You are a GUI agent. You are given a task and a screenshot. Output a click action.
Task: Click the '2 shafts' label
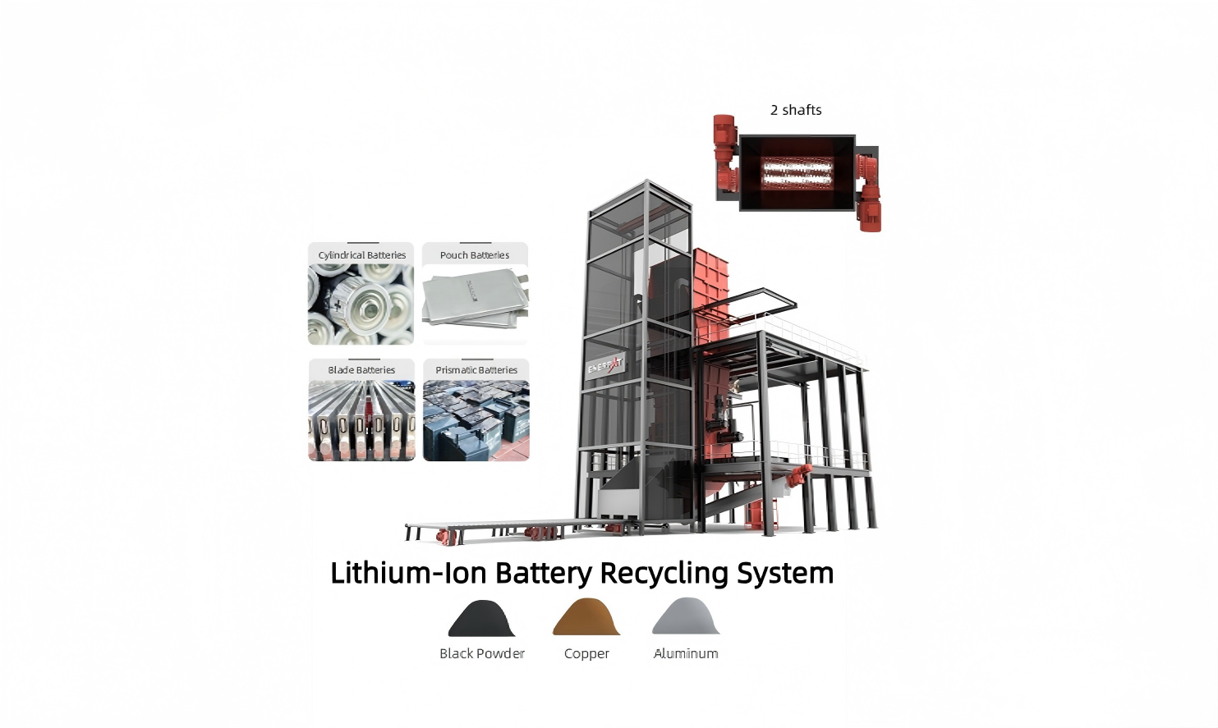pyautogui.click(x=795, y=110)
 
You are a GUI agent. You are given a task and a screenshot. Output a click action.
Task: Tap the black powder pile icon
pyautogui.click(x=481, y=619)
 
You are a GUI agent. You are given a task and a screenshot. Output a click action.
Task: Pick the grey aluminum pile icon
pyautogui.click(x=686, y=617)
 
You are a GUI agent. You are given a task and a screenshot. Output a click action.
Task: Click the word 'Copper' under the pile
pyautogui.click(x=586, y=653)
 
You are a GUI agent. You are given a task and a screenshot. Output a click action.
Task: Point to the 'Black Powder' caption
pyautogui.click(x=481, y=653)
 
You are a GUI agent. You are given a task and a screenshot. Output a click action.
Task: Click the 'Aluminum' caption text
pyautogui.click(x=686, y=653)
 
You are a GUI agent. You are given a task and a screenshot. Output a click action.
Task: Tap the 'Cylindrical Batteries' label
pyautogui.click(x=361, y=255)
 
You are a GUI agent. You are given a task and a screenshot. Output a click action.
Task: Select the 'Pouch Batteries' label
pyautogui.click(x=475, y=255)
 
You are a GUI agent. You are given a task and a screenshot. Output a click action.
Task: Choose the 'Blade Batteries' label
pyautogui.click(x=361, y=370)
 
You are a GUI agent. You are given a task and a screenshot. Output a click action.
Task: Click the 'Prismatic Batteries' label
pyautogui.click(x=476, y=370)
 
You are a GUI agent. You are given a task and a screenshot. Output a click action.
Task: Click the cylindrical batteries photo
pyautogui.click(x=361, y=304)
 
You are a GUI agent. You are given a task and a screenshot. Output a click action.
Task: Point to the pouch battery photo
pyautogui.click(x=475, y=301)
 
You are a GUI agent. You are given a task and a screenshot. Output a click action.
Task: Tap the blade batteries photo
pyautogui.click(x=361, y=420)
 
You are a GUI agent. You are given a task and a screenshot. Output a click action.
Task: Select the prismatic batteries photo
pyautogui.click(x=476, y=420)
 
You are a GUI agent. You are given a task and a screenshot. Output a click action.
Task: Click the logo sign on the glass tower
pyautogui.click(x=605, y=366)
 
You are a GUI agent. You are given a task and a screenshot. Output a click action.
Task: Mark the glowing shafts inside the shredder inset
pyautogui.click(x=797, y=173)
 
